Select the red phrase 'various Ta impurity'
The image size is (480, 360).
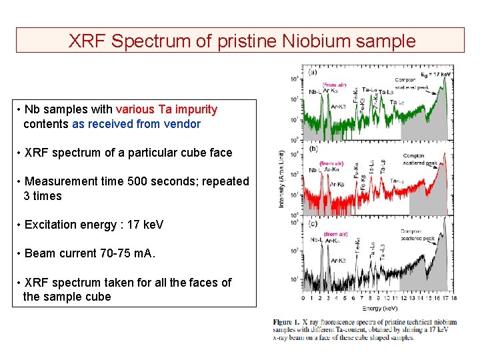pos(167,109)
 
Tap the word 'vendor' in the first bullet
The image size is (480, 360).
pos(181,123)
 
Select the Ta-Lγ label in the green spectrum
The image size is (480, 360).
pos(397,102)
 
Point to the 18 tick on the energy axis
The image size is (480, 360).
pos(453,299)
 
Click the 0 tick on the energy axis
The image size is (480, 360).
pos(304,299)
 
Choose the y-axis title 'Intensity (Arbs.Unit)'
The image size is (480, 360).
pos(281,179)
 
